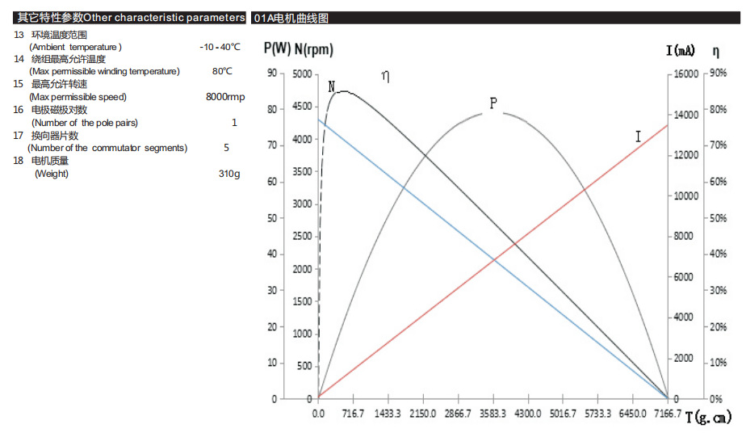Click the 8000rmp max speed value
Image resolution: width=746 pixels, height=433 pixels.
tap(225, 97)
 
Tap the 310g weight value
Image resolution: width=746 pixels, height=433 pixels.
tap(229, 174)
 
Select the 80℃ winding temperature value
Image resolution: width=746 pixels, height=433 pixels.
tap(222, 71)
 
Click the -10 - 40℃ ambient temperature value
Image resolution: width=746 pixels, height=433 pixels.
tap(220, 47)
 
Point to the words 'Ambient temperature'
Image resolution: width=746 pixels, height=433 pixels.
tap(75, 47)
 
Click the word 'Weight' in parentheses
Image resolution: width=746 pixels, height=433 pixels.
tap(51, 174)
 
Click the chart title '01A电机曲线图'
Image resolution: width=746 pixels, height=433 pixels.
tap(291, 18)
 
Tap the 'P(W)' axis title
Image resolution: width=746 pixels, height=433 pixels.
tap(277, 48)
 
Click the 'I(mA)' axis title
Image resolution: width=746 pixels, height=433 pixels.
tap(680, 51)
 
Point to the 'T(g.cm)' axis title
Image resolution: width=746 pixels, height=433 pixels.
tap(710, 418)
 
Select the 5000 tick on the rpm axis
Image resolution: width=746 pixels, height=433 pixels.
tap(300, 74)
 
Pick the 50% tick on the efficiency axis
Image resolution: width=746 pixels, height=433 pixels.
tap(717, 219)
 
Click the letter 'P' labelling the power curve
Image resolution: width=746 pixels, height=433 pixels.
tap(492, 103)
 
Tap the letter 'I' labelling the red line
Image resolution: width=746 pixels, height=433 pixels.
tap(638, 137)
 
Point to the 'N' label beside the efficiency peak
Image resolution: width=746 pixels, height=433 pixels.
tap(332, 86)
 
